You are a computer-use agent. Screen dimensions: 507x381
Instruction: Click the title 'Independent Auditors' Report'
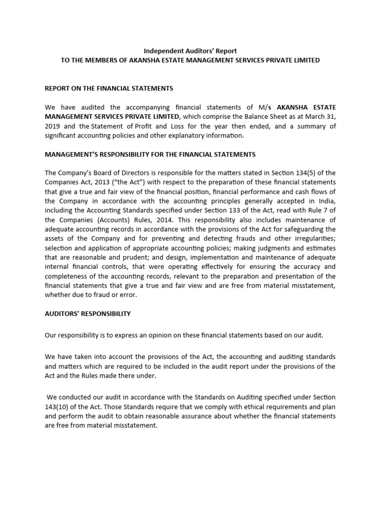(x=190, y=51)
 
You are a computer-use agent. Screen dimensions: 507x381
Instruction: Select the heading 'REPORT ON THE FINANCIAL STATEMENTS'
(x=109, y=89)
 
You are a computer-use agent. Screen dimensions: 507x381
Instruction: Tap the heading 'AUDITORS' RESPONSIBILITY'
(x=87, y=313)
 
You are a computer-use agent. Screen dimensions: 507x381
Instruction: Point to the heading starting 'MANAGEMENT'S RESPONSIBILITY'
(x=150, y=154)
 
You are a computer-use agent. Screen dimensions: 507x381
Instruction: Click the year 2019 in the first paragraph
(x=54, y=126)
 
